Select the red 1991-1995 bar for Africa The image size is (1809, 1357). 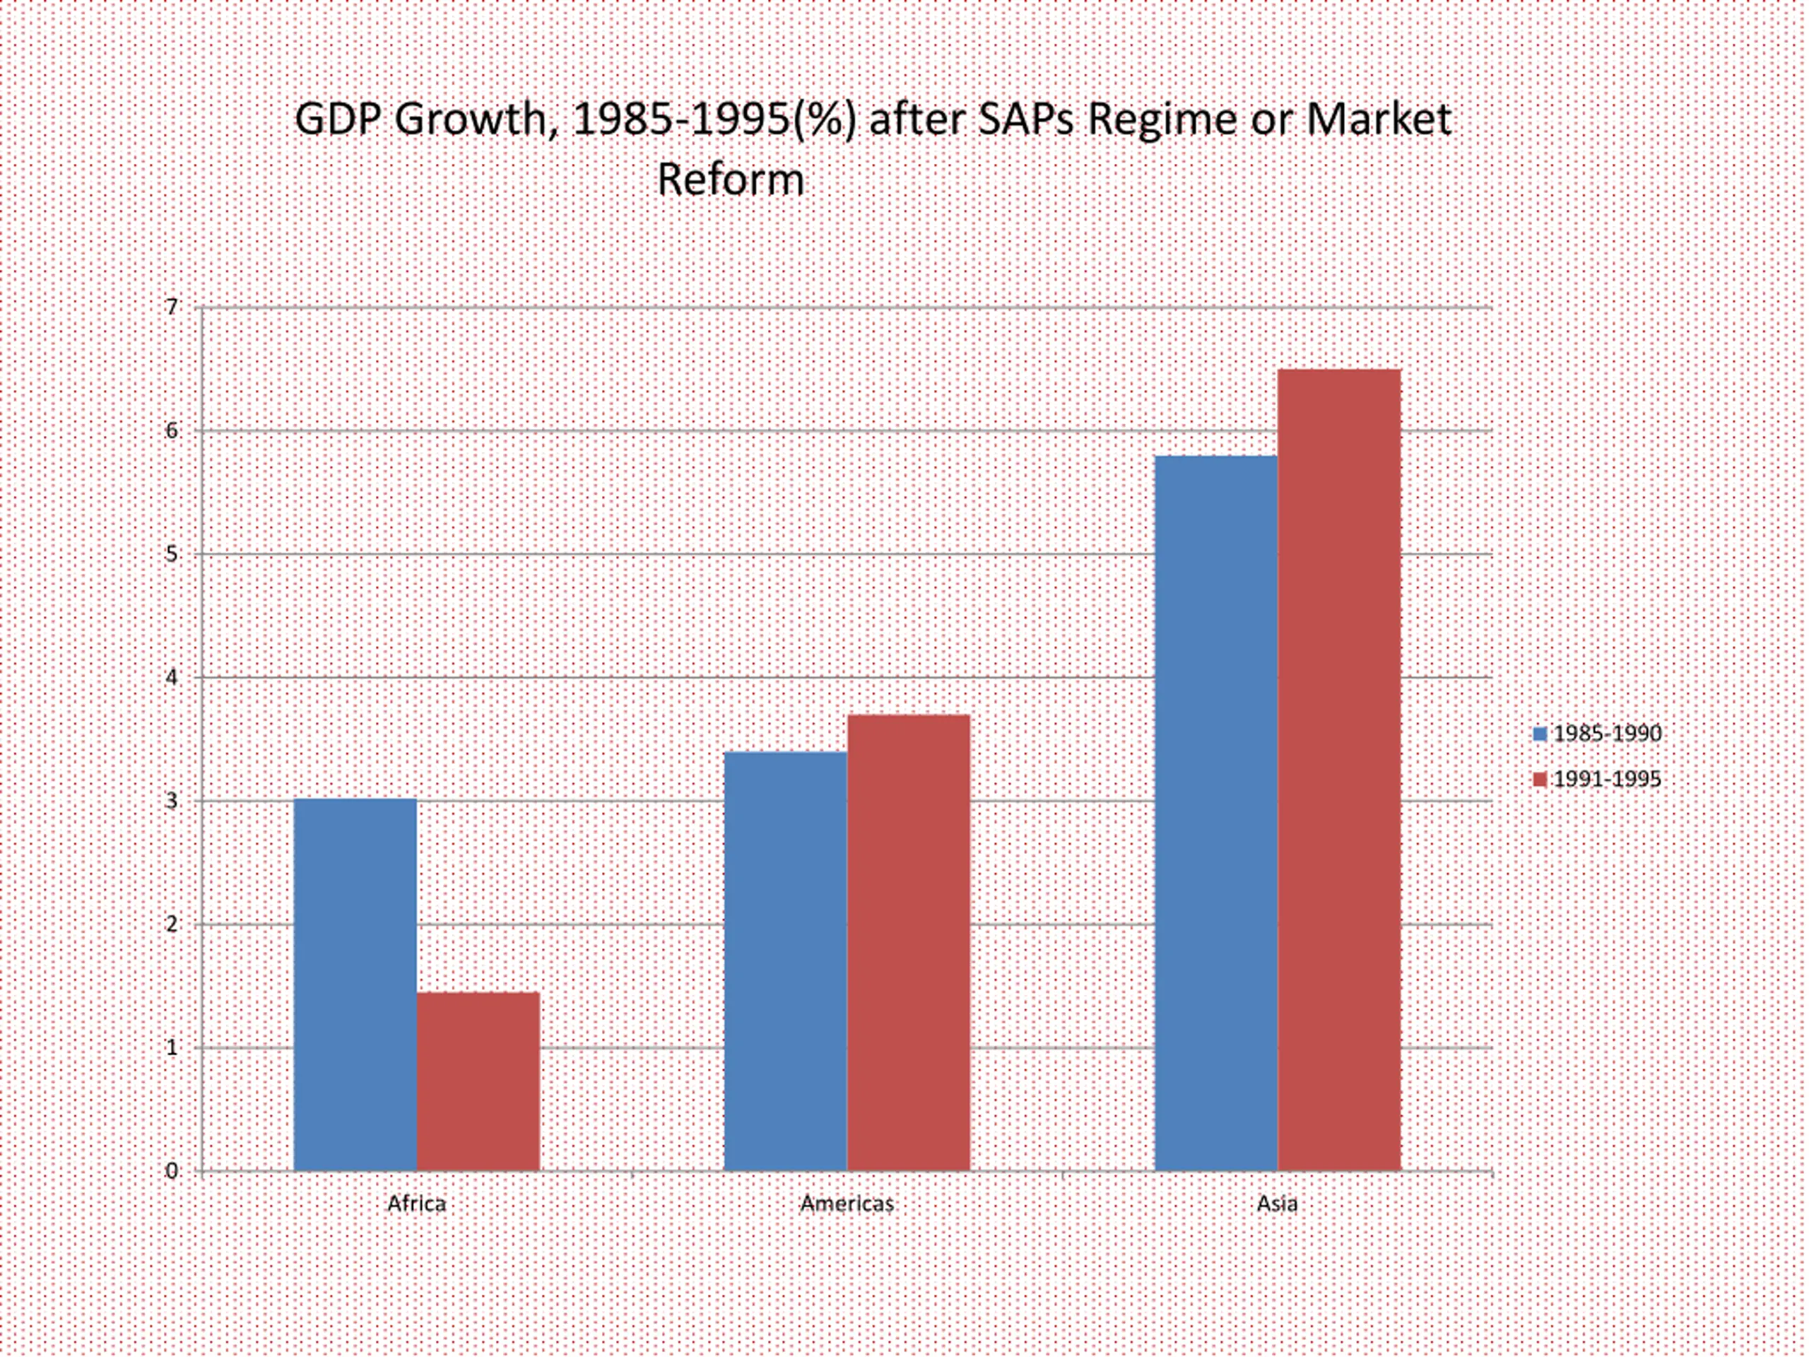coord(478,1081)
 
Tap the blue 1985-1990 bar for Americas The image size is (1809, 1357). coord(786,961)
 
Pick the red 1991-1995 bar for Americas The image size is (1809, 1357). coord(909,942)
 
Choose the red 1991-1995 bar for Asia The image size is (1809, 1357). coord(1340,770)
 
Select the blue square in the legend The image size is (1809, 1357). coord(1540,734)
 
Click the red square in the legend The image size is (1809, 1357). coord(1540,780)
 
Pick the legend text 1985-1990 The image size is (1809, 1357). coord(1608,734)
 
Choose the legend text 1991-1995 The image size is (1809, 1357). coord(1608,780)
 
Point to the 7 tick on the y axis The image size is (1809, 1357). coord(171,307)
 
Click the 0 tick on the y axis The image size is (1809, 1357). coord(171,1171)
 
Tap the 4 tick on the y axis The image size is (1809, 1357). coord(171,677)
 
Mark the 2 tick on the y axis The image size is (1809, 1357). coord(171,924)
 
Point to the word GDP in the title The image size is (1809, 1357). coord(338,119)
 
